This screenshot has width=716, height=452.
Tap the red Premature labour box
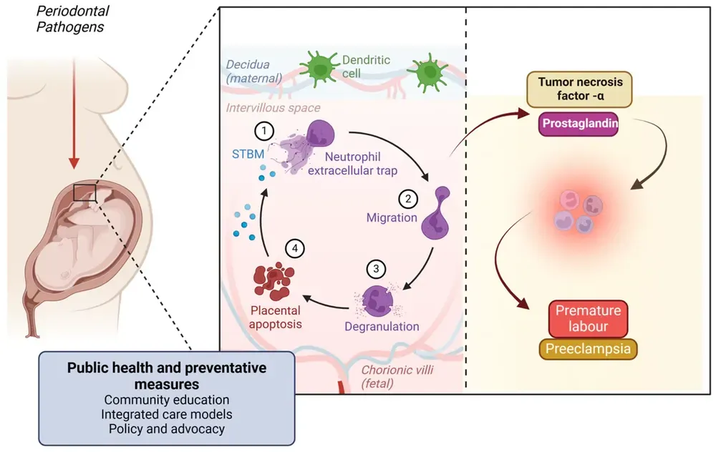[588, 319]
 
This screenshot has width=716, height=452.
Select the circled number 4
[294, 248]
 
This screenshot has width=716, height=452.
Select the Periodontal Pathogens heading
[70, 20]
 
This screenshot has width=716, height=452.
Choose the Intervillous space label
[273, 108]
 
